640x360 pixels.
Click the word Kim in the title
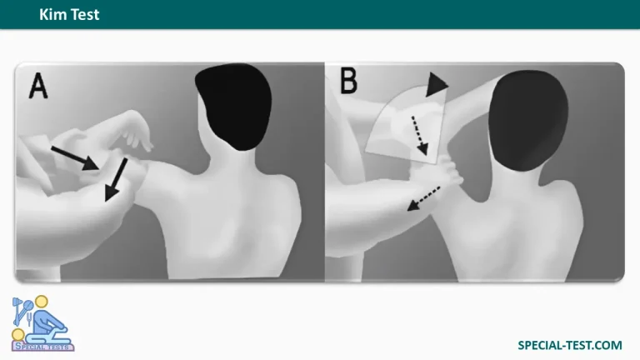(x=53, y=15)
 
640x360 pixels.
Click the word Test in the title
(x=85, y=15)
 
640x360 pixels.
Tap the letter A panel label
(x=38, y=86)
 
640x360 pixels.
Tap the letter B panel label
(x=349, y=80)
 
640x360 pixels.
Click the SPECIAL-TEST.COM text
(x=570, y=345)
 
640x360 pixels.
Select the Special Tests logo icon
(x=42, y=323)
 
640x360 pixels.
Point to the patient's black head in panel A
(x=234, y=105)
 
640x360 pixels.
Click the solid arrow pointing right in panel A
(x=75, y=158)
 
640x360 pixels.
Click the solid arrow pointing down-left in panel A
(x=117, y=180)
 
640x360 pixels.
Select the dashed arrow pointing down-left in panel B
(x=423, y=199)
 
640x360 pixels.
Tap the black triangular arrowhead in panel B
(x=436, y=85)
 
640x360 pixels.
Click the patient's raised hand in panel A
(x=135, y=135)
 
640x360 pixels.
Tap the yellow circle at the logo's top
(x=41, y=302)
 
